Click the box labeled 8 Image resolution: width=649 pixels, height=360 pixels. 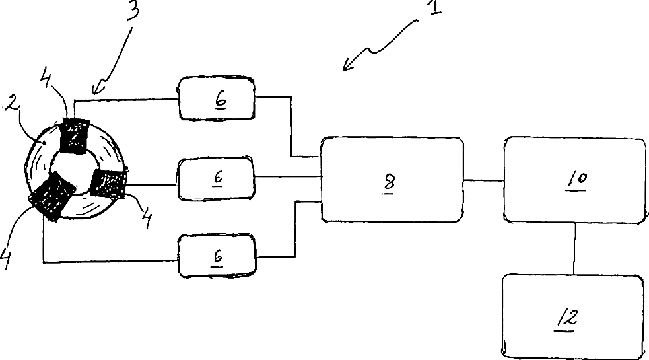tap(391, 180)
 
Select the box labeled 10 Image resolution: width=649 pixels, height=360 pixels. tap(574, 180)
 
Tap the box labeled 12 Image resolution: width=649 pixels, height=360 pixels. tap(572, 316)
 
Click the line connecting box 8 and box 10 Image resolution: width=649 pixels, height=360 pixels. tap(483, 179)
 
